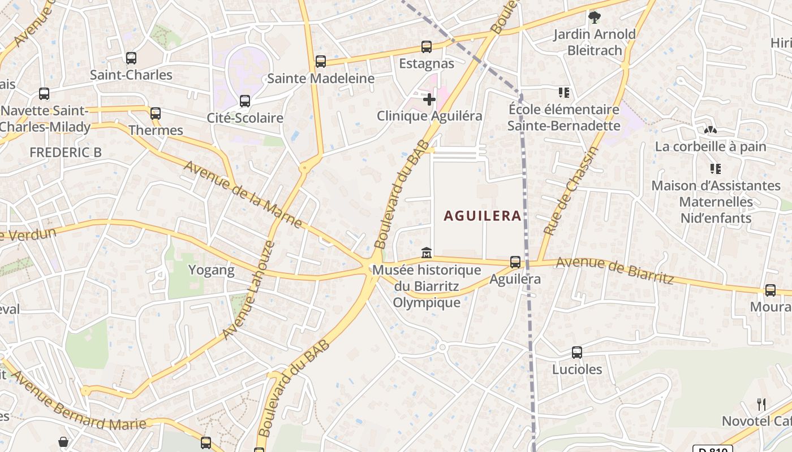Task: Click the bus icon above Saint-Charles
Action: (131, 58)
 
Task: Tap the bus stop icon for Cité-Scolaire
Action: (245, 101)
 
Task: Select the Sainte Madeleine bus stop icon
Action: (321, 61)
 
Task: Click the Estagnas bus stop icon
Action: (427, 47)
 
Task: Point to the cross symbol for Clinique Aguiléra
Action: (429, 100)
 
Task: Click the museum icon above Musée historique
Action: (427, 252)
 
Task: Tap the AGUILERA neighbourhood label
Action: (483, 216)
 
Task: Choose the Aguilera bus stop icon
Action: (515, 262)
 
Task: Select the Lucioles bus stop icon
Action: (577, 353)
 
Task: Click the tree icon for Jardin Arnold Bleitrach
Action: (595, 18)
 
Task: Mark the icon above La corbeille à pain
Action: (711, 129)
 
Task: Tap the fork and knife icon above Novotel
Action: (761, 404)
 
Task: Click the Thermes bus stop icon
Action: (156, 114)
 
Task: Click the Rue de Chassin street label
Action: (570, 191)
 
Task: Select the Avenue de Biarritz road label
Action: (614, 271)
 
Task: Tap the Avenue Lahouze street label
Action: (248, 290)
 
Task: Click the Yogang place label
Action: (211, 270)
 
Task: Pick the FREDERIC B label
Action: (66, 152)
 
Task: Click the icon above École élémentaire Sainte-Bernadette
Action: (563, 92)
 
